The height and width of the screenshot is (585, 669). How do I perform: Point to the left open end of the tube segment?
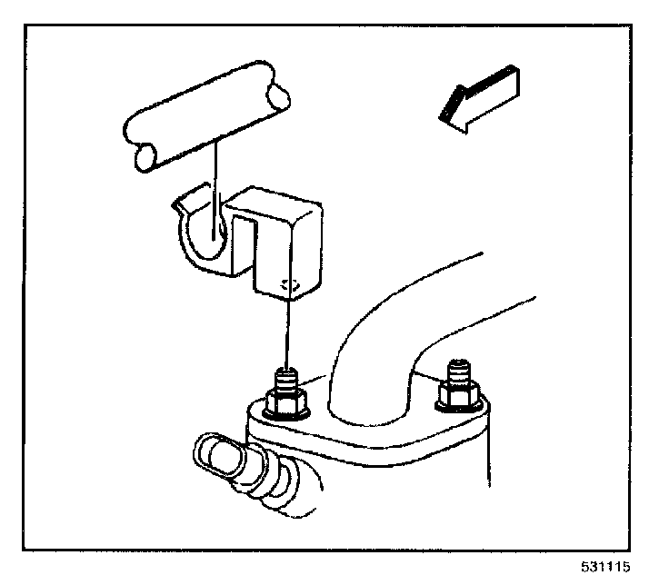[x=143, y=160]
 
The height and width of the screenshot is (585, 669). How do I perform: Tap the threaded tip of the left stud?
[x=288, y=377]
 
